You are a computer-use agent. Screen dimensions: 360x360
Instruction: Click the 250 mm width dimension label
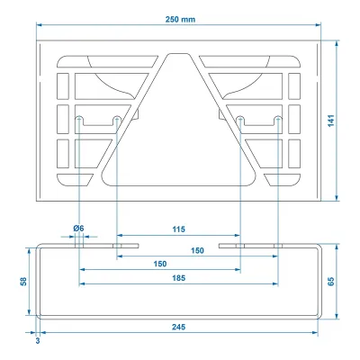[x=180, y=20]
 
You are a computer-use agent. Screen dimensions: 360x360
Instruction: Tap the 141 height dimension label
[x=331, y=121]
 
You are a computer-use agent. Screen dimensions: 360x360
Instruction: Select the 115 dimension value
[x=178, y=229]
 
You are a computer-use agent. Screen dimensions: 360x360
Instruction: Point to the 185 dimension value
[x=178, y=278]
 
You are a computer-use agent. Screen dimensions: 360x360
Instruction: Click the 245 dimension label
[x=178, y=327]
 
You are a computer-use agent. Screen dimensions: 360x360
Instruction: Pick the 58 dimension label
[x=23, y=282]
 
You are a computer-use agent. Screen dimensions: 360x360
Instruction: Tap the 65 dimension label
[x=331, y=282]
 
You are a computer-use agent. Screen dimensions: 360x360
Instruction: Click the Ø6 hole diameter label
[x=78, y=229]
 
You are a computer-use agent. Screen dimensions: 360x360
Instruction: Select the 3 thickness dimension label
[x=38, y=341]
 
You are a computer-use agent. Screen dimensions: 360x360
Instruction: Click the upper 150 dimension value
[x=197, y=250]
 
